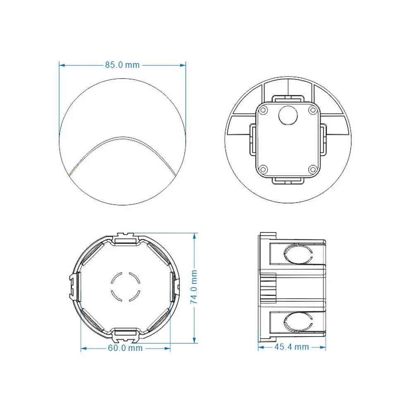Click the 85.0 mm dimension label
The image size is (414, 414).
coord(122,65)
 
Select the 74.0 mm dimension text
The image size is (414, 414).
coord(194,287)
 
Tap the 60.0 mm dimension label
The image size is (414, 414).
coord(125,348)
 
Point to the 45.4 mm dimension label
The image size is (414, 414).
coord(291,347)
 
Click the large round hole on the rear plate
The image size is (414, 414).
coord(287,116)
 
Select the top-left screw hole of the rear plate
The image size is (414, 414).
coord(263,110)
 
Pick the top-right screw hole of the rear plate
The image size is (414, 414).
coord(313,110)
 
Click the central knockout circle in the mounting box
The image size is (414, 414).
coord(125,287)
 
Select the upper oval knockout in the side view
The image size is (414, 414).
coord(297,254)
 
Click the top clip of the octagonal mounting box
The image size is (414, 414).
coord(125,238)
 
